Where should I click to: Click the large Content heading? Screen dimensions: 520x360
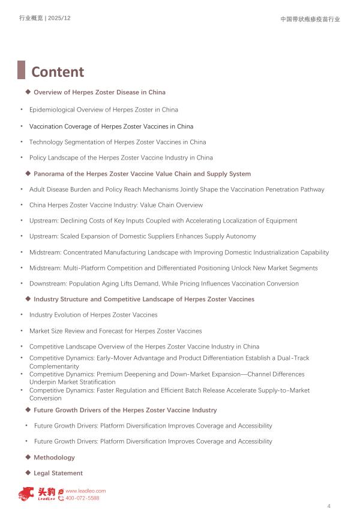coord(58,72)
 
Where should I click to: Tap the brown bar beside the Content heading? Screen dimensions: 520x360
coord(21,70)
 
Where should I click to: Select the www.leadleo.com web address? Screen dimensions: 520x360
coord(85,491)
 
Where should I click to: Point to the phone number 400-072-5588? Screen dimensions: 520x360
coord(82,498)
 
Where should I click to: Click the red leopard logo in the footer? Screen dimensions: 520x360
coord(26,494)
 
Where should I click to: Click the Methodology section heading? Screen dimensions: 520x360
coord(54,458)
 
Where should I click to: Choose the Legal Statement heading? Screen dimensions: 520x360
coord(58,473)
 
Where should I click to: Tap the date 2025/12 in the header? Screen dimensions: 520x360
coord(59,19)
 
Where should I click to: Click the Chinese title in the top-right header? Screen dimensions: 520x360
coord(310,19)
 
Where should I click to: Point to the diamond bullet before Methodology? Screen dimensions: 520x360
coord(28,457)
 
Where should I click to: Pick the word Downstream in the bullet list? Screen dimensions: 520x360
coord(48,284)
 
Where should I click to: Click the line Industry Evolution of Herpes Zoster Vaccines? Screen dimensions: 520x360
coord(93,315)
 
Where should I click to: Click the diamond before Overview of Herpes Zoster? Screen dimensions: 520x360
coord(28,92)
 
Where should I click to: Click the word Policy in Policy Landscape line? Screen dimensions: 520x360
coord(37,158)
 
